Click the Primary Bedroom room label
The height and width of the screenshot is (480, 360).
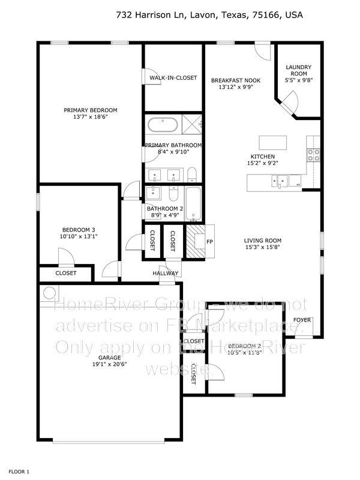click(91, 110)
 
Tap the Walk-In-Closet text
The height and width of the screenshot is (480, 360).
click(173, 78)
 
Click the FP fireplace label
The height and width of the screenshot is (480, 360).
click(209, 242)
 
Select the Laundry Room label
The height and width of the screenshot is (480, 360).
click(298, 71)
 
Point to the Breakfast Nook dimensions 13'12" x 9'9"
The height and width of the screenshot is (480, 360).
click(235, 88)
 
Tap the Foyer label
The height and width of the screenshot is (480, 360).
click(302, 320)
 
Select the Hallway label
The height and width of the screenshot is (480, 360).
click(165, 274)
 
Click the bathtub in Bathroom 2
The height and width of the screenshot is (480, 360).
click(194, 204)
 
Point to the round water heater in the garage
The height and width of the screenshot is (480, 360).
click(49, 292)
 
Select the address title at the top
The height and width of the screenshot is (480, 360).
click(209, 15)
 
